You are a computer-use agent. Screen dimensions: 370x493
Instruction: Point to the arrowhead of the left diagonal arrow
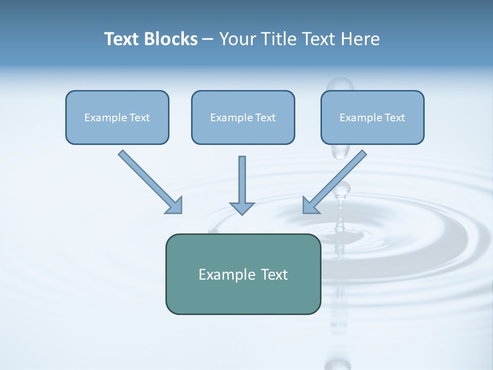pos(175,206)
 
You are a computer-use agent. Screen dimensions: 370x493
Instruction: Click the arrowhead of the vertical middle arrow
pos(242,208)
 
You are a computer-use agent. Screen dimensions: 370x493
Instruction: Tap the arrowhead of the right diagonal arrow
pos(310,206)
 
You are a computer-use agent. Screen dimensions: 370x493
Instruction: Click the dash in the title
pos(208,39)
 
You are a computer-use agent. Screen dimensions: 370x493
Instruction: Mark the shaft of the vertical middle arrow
pos(242,177)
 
